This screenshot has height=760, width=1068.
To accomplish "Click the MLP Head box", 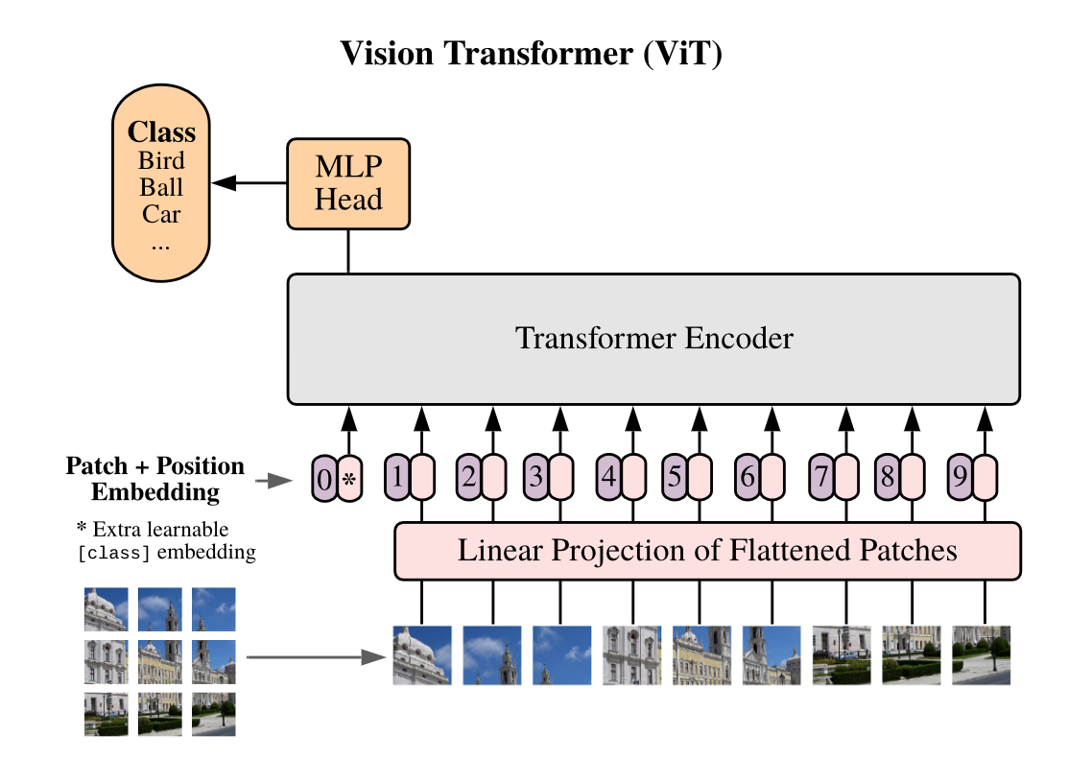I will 348,183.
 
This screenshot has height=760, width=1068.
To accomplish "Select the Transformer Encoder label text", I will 654,339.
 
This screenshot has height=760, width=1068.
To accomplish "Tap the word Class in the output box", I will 161,132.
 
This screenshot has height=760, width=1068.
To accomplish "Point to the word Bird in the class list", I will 161,160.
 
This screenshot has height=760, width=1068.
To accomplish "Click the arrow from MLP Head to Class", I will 249,182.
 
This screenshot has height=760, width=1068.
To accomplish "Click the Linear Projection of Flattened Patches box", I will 707,551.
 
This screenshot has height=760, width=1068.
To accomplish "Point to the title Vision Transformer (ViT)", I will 531,54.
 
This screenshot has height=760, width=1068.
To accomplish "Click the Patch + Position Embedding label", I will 154,479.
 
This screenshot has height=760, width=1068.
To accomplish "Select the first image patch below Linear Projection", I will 421,654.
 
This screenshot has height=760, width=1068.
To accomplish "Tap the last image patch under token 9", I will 981,654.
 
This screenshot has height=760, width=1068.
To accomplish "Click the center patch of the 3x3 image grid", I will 159,661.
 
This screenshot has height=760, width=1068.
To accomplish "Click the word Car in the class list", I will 161,214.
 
